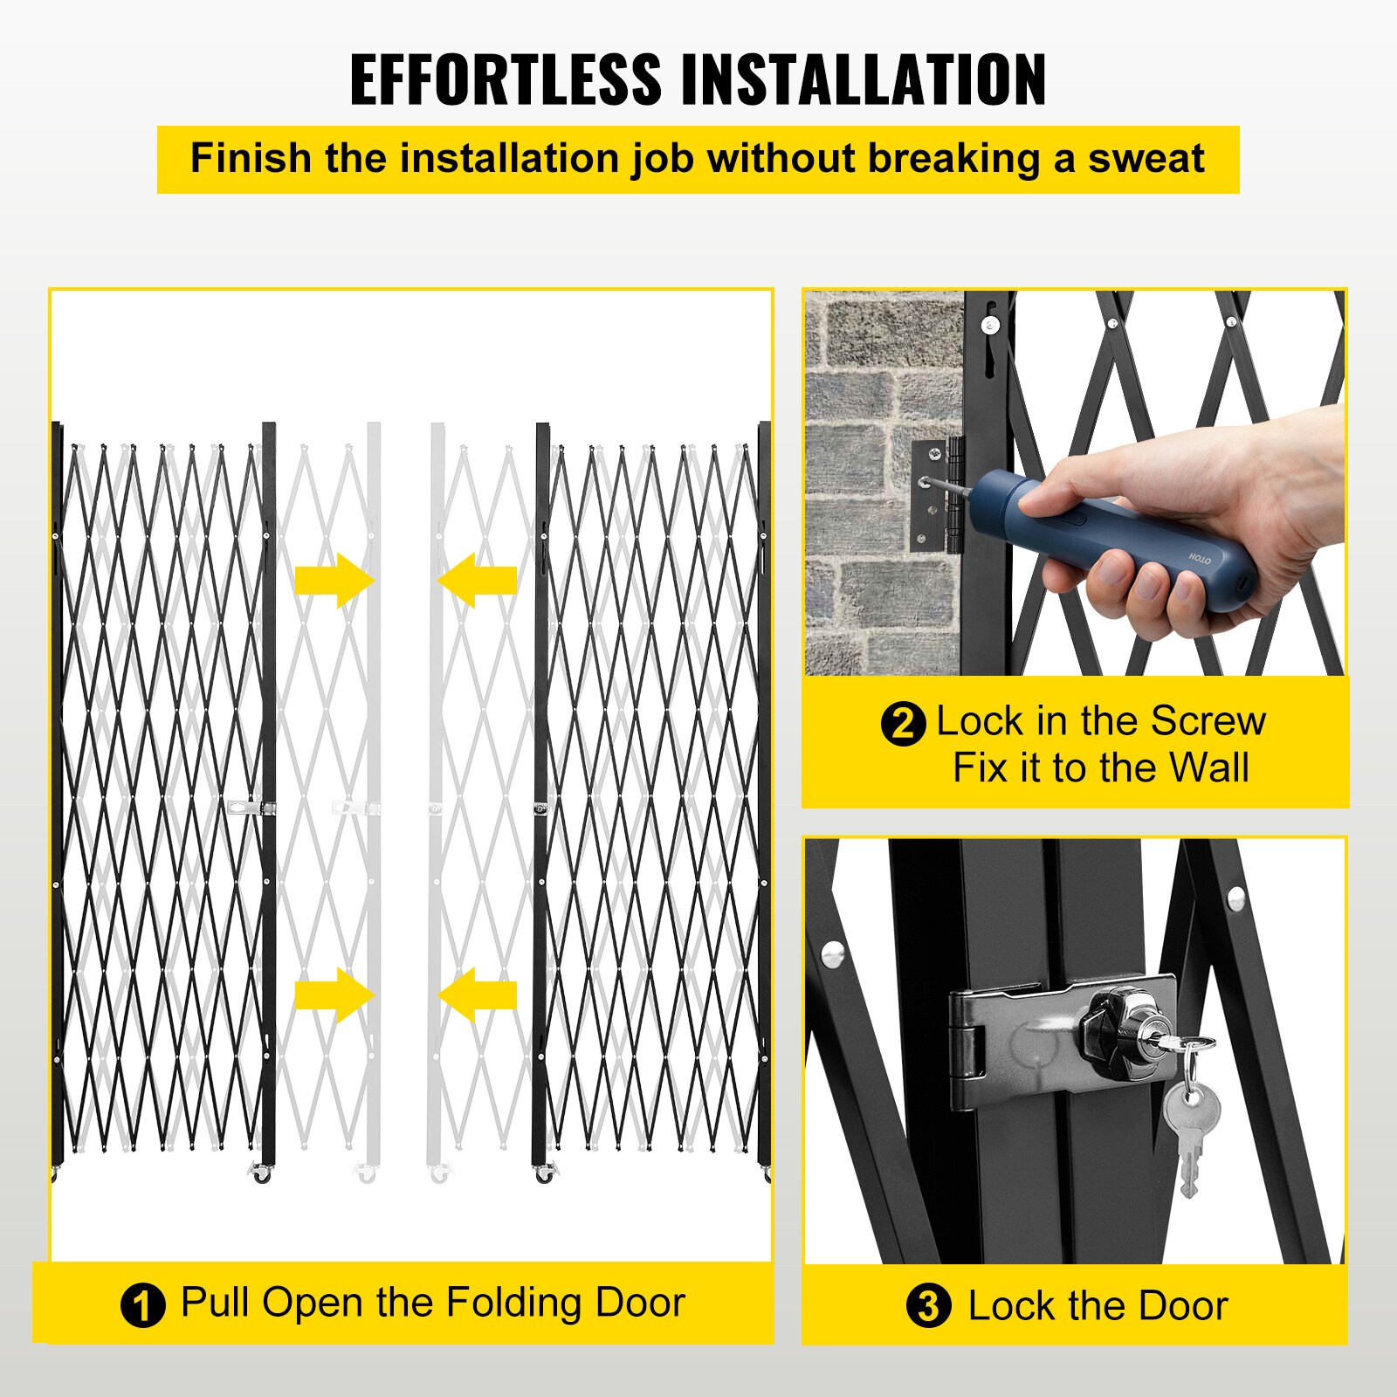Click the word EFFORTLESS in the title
506,79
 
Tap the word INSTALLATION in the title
863,79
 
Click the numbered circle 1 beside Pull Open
143,1305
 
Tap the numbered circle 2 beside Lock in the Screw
903,724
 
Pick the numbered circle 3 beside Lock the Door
928,1306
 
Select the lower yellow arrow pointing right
334,994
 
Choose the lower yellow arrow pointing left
478,994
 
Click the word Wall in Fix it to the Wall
1208,768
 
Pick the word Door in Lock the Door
1182,1306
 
